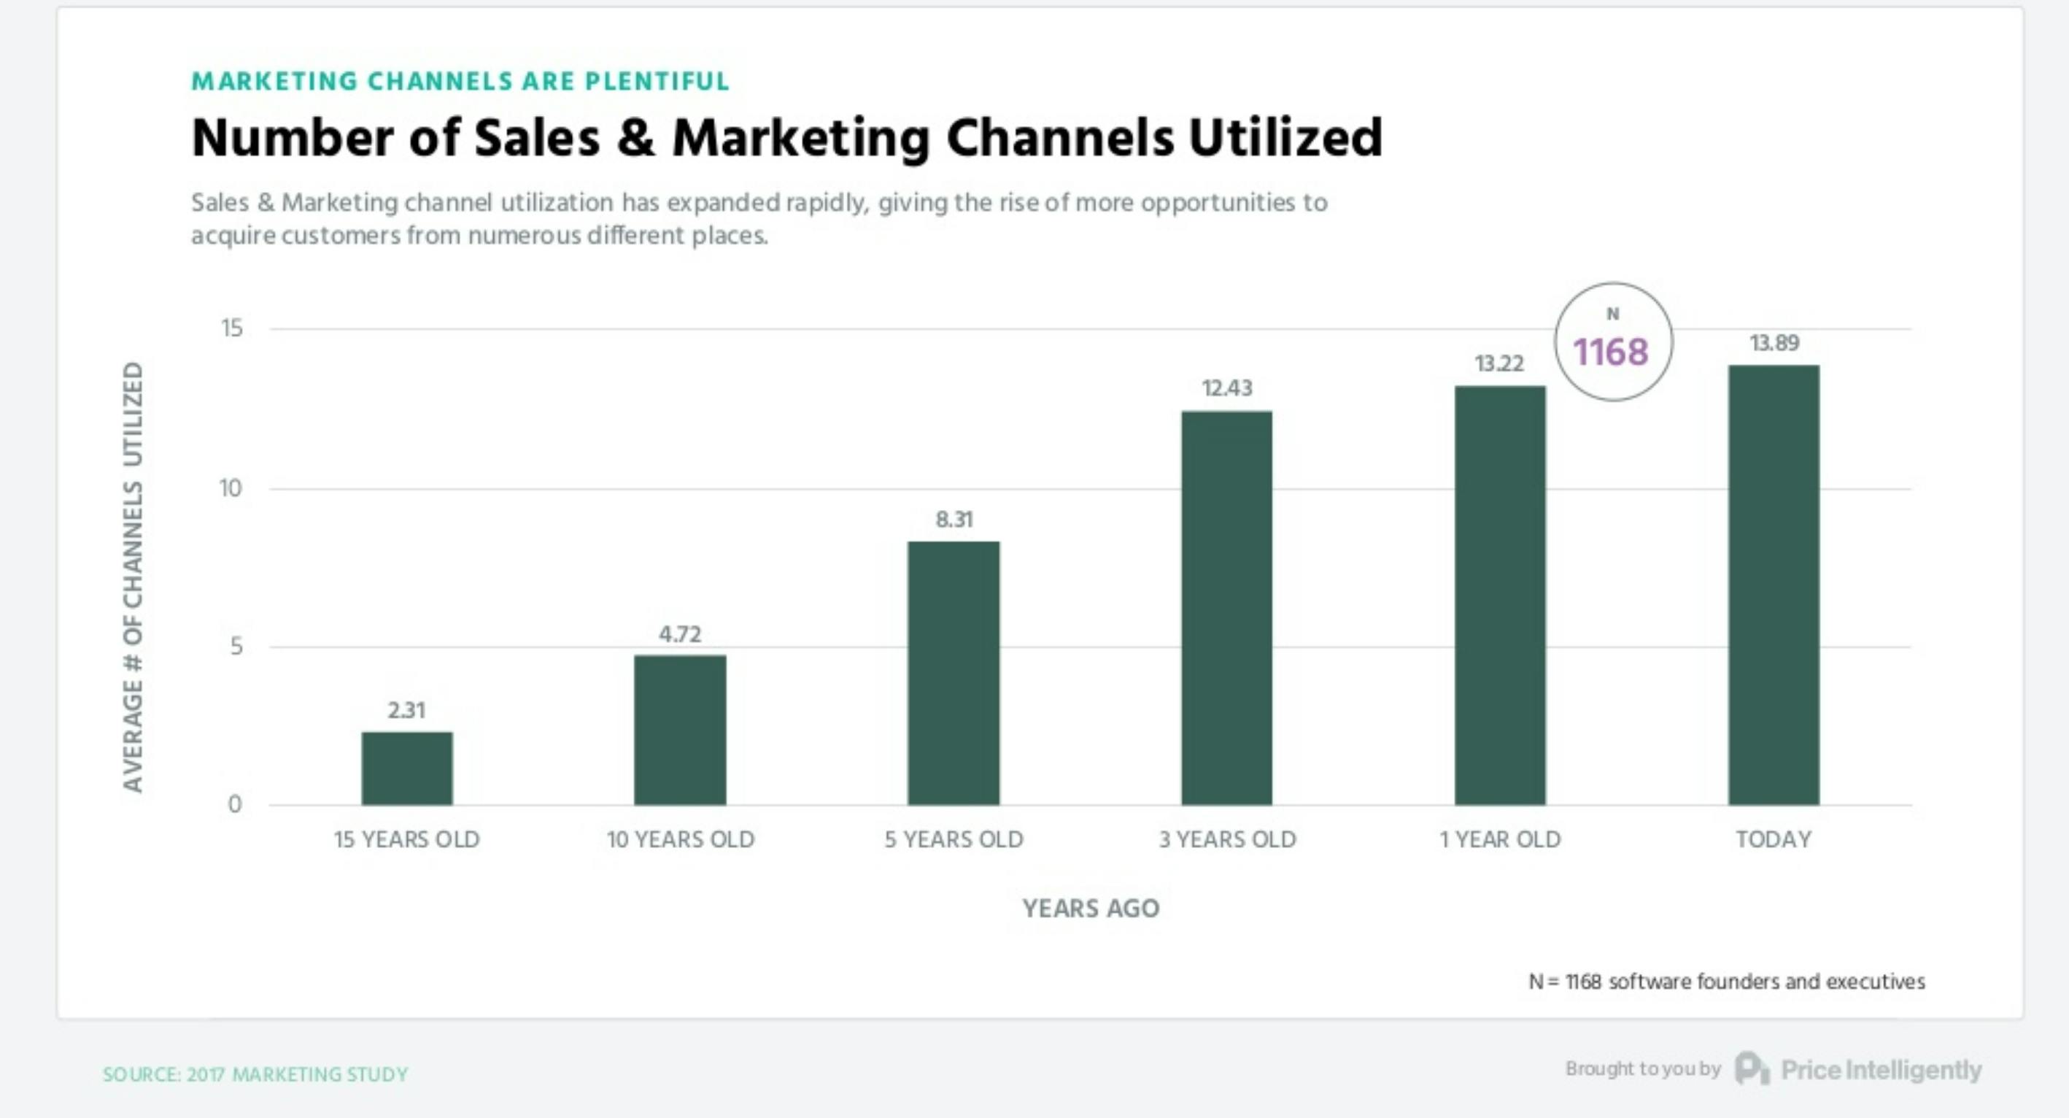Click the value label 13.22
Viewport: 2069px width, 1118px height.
tap(1498, 364)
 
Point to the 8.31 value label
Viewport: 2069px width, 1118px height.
tap(954, 520)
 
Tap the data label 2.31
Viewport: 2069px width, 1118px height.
tap(406, 710)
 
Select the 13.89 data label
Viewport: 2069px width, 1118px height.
tap(1774, 343)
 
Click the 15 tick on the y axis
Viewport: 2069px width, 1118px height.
tap(231, 328)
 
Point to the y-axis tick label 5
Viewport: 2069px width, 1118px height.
tap(236, 646)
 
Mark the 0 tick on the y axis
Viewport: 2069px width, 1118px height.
tap(234, 804)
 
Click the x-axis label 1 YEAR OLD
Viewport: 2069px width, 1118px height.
tap(1499, 839)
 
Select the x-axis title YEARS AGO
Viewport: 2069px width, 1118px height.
tap(1090, 909)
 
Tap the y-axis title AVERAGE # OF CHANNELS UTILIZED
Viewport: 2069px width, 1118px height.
tap(134, 577)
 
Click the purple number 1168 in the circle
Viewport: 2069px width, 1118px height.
tap(1610, 352)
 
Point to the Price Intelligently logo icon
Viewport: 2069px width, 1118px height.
tap(1751, 1069)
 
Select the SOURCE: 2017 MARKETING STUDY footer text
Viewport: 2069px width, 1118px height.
tap(255, 1075)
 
